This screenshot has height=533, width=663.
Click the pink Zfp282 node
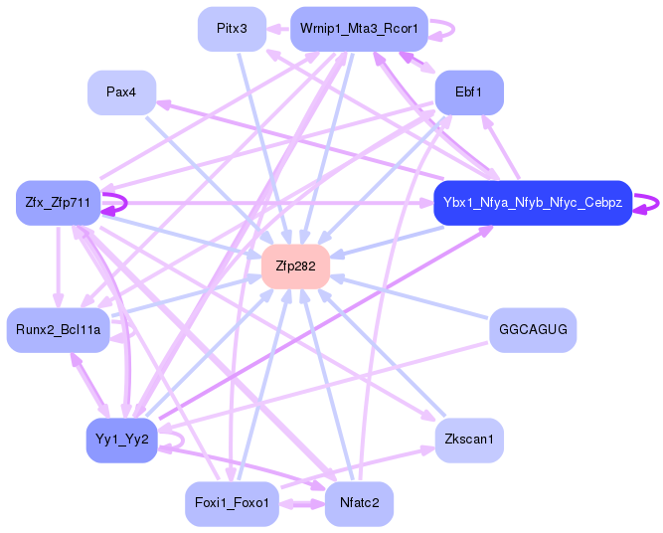295,266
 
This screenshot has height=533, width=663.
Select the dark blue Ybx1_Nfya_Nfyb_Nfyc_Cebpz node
533,203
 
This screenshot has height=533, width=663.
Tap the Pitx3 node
232,29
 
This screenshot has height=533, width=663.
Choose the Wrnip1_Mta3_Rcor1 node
359,29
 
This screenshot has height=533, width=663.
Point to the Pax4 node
121,91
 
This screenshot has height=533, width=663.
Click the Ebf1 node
468,91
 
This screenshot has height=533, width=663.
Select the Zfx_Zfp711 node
58,203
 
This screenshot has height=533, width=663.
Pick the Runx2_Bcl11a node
58,329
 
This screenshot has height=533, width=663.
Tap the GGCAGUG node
533,329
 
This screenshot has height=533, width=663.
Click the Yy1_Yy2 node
121,440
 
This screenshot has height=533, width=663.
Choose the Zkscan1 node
468,440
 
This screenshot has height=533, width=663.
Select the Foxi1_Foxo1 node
232,503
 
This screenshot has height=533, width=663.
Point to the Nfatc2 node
359,503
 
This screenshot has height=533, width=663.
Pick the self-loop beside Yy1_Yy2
177,438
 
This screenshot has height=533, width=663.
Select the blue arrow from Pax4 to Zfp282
209,179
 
